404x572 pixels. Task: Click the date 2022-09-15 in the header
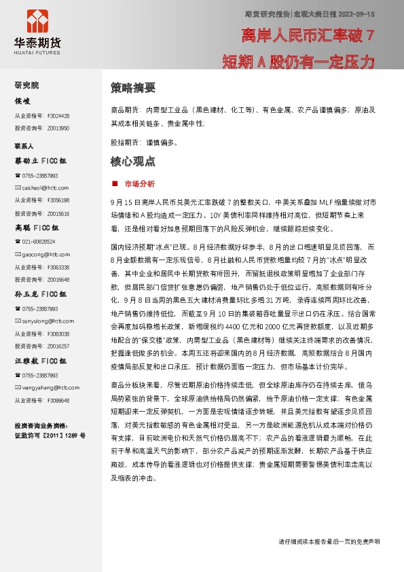click(x=358, y=13)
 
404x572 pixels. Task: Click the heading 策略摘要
click(x=133, y=88)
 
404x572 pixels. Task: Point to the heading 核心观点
click(x=133, y=162)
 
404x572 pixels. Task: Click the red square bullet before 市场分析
click(x=115, y=183)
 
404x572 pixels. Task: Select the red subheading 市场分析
click(x=139, y=183)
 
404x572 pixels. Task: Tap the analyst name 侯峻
click(x=22, y=101)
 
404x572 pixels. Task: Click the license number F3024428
click(x=58, y=116)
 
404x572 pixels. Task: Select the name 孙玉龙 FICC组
click(x=41, y=295)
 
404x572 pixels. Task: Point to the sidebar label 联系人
click(x=24, y=146)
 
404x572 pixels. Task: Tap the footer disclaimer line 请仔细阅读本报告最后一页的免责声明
click(x=329, y=541)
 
